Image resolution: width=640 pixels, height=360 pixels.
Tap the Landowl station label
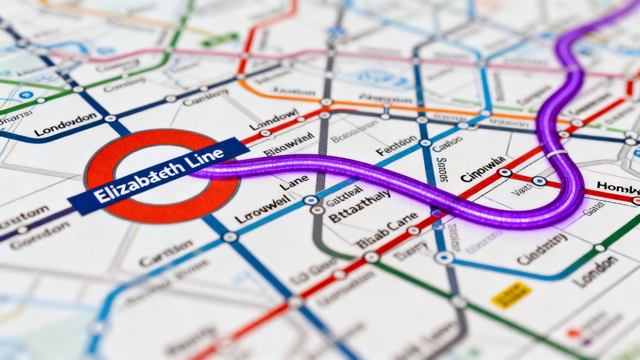tap(274, 119)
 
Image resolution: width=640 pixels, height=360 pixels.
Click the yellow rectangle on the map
tap(511, 295)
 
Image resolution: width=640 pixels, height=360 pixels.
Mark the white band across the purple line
tap(557, 154)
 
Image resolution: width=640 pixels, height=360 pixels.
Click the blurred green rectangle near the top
tap(219, 39)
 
